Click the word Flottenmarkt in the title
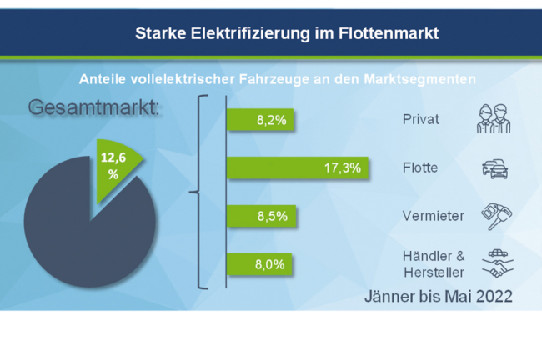click(379, 33)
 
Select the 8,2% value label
click(271, 120)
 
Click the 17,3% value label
click(342, 167)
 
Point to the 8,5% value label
click(272, 216)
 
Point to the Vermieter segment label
click(432, 216)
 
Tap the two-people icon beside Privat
click(492, 118)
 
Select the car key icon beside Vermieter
click(495, 216)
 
